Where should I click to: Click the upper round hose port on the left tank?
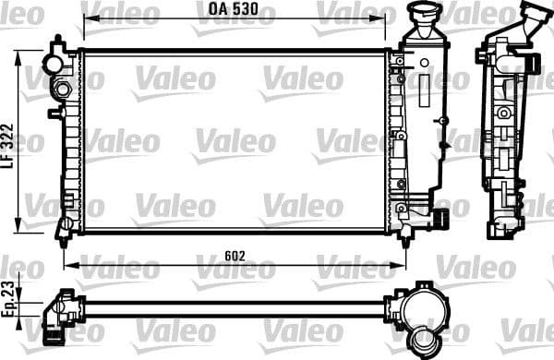pos(62,90)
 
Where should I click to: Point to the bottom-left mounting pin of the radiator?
pos(64,230)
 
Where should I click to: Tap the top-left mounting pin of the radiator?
pos(59,45)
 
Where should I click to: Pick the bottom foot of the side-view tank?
pos(503,232)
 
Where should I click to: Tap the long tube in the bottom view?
pos(231,306)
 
